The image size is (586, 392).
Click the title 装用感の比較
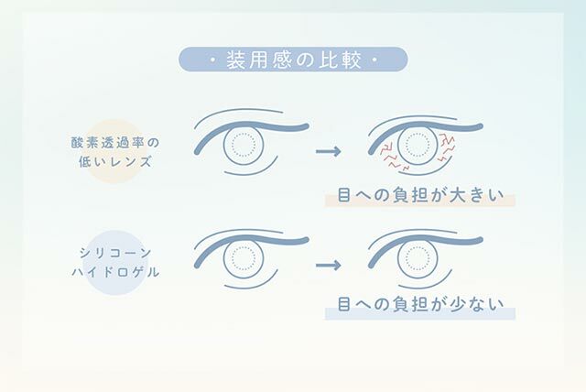293,61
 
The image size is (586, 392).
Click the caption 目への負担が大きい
420,196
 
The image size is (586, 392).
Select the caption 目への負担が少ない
420,308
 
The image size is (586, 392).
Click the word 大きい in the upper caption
476,196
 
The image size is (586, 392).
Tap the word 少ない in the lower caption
476,308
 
